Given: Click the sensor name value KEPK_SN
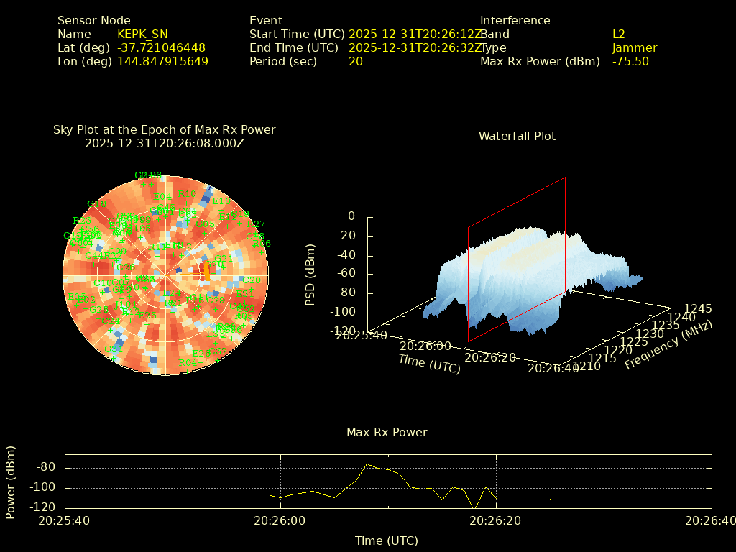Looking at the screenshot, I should coord(142,34).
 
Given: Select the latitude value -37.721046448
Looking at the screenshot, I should coord(161,47).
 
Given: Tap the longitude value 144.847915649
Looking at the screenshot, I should coord(162,61).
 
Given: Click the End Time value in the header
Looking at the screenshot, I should coord(415,47).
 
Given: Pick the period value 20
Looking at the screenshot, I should coord(355,61).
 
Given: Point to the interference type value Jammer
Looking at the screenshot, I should coord(634,47).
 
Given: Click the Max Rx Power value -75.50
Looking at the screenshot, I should coord(630,61).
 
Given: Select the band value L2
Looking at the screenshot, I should coord(618,34).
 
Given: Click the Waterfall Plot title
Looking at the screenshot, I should coord(517,136).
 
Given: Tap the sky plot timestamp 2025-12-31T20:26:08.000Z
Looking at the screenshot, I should coord(165,143).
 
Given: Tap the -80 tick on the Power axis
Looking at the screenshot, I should coord(47,467).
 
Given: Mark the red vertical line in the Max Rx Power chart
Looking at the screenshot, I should coord(367,482).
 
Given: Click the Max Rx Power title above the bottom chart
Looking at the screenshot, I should coord(387,432).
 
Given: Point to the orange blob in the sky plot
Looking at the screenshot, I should coord(207,271).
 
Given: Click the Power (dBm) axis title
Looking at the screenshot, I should coord(10,482).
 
